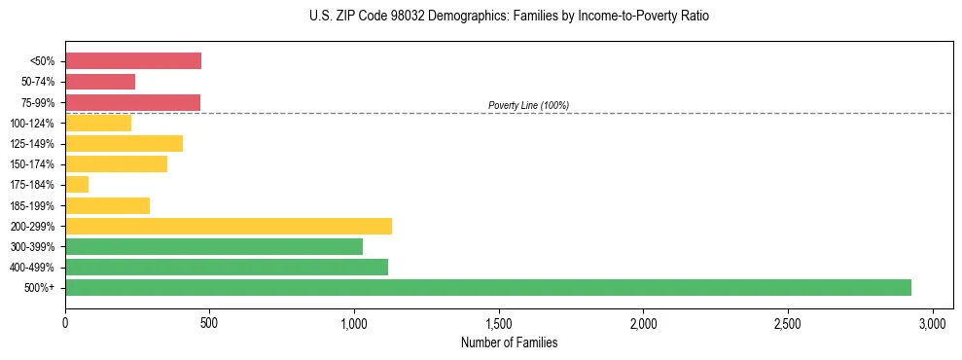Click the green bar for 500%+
coord(488,287)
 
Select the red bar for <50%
coord(133,61)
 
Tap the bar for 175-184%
coord(77,184)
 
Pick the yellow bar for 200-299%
coord(229,226)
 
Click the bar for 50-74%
coord(100,82)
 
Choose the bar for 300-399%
coord(214,246)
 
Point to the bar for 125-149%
coord(124,144)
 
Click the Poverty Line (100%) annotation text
coord(528,105)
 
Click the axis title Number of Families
coord(509,342)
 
